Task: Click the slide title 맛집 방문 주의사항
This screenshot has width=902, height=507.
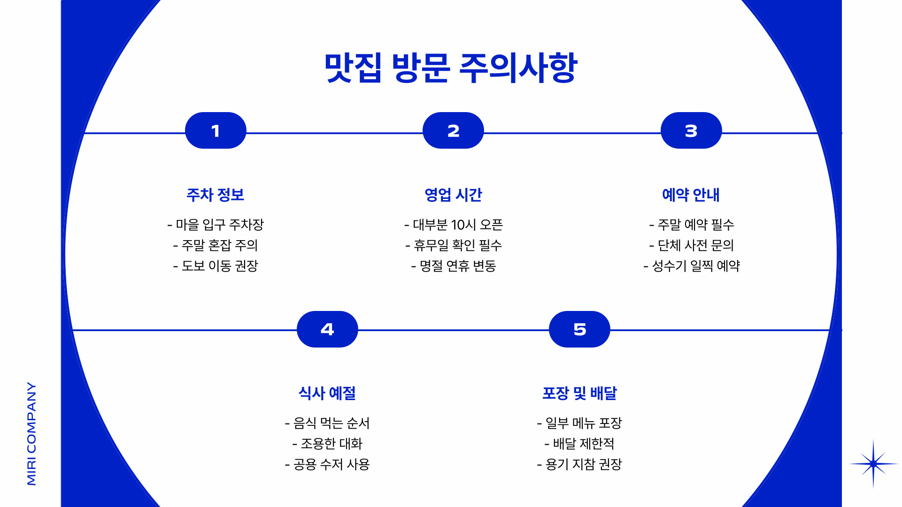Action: (451, 68)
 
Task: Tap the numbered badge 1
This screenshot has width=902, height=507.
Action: (216, 131)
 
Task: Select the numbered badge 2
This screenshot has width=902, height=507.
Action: (453, 131)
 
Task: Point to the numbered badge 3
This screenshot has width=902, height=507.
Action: (691, 131)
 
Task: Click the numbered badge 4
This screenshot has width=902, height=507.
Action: (327, 329)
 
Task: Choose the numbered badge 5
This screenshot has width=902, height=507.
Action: (579, 329)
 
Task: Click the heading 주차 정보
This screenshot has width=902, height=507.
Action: (216, 195)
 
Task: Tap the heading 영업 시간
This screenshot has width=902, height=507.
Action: (453, 195)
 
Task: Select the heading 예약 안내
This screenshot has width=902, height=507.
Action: (691, 195)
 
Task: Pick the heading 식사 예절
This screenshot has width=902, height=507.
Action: (327, 393)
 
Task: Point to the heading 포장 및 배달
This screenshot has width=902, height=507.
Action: (579, 393)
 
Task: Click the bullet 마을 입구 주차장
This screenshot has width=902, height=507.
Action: (216, 225)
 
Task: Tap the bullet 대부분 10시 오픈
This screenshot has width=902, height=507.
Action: (454, 225)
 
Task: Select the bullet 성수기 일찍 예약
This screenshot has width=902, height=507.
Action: (692, 266)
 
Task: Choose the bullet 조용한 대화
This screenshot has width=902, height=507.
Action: (328, 444)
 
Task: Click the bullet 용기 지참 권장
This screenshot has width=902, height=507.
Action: (579, 464)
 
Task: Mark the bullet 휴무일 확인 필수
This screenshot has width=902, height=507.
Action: (454, 245)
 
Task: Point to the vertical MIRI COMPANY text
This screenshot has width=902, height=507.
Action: (31, 433)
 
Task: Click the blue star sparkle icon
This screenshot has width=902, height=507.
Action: (873, 464)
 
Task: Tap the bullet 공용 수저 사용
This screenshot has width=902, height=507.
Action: (327, 464)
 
